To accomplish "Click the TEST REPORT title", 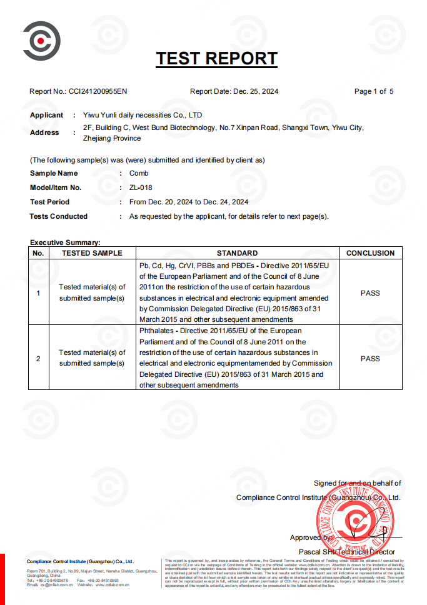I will click(x=216, y=59).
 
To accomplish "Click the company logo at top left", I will click(x=42, y=41).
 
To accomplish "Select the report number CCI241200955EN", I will click(x=98, y=91).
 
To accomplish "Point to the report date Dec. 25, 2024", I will click(x=256, y=91).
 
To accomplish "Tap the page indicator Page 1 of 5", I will click(x=374, y=91).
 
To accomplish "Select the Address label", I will click(x=44, y=132).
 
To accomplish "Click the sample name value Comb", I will click(x=139, y=173).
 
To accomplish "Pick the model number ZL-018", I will click(x=141, y=187).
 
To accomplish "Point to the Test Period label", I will click(x=50, y=202).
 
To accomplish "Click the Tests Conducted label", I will click(x=59, y=216).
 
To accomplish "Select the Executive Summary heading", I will click(x=65, y=242).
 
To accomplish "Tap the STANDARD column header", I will click(x=237, y=253).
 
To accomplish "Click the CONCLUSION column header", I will click(x=370, y=253).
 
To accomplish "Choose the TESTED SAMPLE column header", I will click(x=92, y=253).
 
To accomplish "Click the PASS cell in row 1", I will click(x=370, y=292).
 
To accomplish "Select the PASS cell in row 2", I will click(x=370, y=359).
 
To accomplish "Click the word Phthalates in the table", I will click(x=158, y=331).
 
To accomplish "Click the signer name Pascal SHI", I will click(x=317, y=552).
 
